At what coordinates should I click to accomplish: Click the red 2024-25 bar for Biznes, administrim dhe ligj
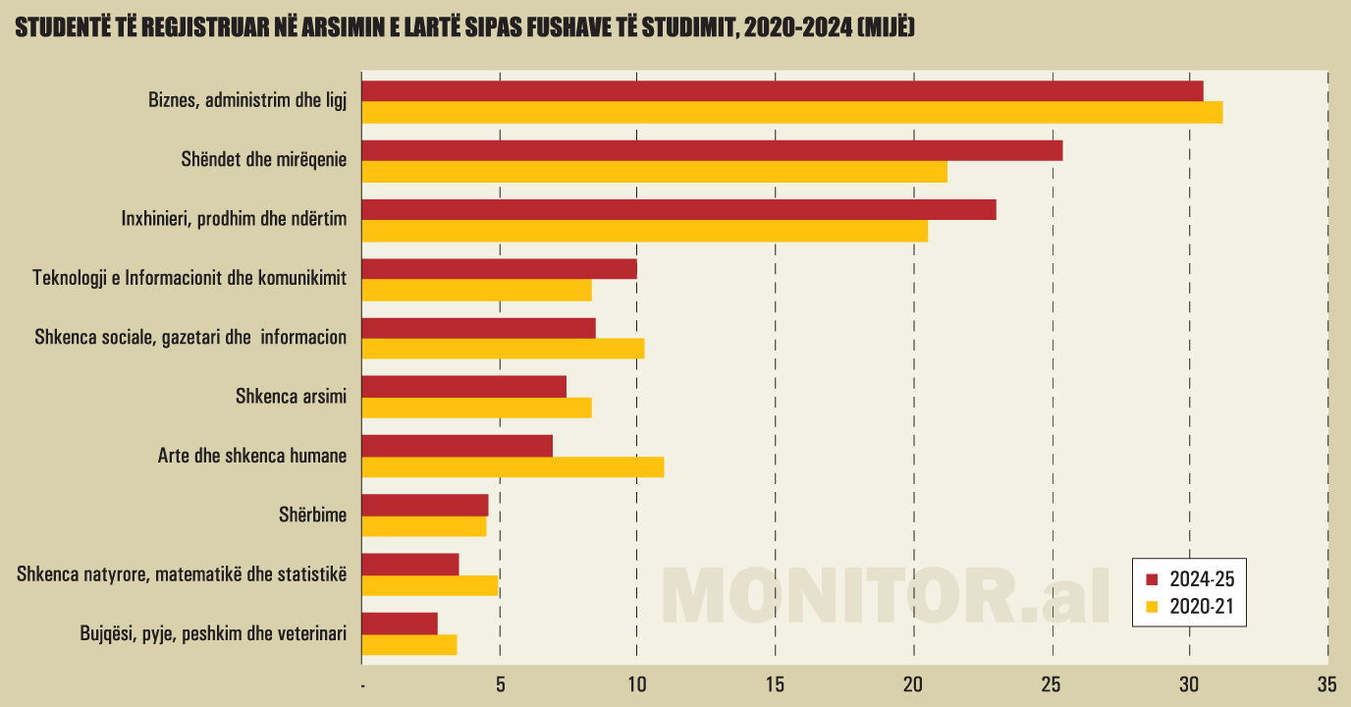coord(783,90)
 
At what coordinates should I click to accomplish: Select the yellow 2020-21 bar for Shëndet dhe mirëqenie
coord(655,172)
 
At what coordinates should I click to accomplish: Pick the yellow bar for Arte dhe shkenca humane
coord(513,466)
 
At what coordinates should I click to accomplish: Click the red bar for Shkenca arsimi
coord(464,386)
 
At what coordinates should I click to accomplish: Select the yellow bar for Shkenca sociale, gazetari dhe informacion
coord(504,349)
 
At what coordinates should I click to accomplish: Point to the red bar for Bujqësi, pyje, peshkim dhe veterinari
coord(400,623)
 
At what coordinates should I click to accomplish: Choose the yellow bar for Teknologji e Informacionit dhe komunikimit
coord(477,290)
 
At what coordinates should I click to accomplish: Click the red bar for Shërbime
coord(425,505)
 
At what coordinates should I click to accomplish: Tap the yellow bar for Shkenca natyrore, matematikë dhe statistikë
coord(430,585)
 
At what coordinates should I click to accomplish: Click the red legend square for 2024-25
coord(1153,578)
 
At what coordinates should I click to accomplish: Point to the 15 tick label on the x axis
coord(776,684)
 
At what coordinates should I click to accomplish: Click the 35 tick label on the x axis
coord(1326,684)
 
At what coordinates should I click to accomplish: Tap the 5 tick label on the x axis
coord(500,684)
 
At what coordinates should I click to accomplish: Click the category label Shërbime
coord(313,514)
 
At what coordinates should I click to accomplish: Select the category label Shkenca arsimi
coord(291,396)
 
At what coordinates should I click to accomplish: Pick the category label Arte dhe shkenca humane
coord(252,456)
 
